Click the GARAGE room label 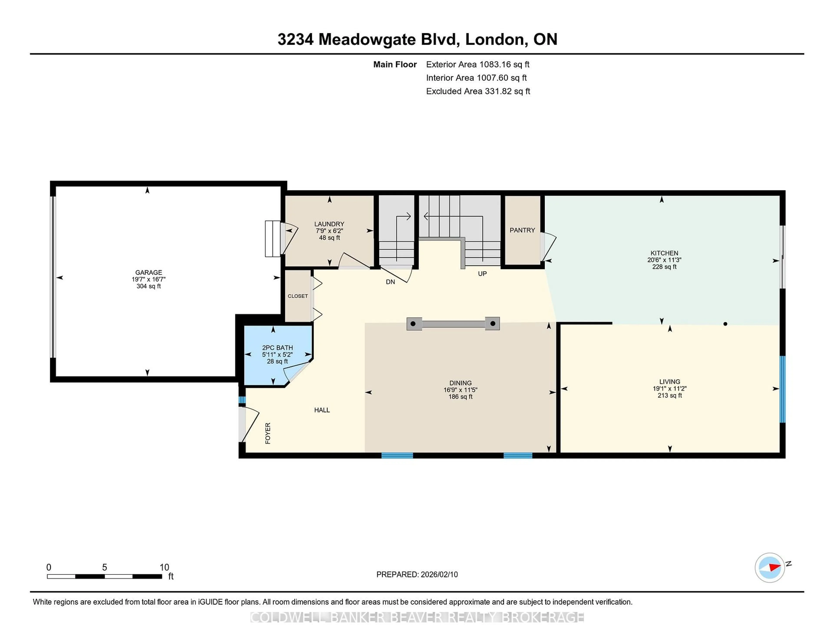point(149,272)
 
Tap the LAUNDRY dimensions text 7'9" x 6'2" point(329,231)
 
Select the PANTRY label point(522,230)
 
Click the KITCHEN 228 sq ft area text point(664,267)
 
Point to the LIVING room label point(669,381)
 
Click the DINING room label point(460,383)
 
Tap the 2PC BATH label point(277,348)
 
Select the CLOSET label point(298,296)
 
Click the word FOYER point(268,433)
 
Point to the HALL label point(322,410)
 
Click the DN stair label point(390,282)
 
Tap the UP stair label point(482,274)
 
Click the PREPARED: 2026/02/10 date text point(417,574)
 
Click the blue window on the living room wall point(782,389)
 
